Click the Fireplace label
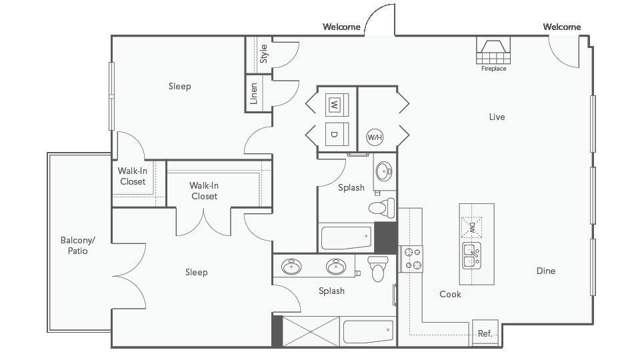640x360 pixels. point(493,69)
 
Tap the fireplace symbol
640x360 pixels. point(493,50)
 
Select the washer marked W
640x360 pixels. point(337,105)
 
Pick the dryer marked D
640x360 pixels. point(337,134)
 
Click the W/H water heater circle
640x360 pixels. point(375,137)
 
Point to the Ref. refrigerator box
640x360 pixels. point(485,333)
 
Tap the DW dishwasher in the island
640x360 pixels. point(471,227)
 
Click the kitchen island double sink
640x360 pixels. point(471,255)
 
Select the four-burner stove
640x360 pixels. point(411,259)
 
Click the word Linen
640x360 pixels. point(254,93)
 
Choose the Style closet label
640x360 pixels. point(264,53)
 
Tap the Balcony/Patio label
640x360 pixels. point(77,245)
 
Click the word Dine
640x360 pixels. point(546,271)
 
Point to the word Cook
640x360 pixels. point(450,294)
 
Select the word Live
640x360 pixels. point(497,117)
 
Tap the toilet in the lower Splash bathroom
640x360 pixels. point(378,269)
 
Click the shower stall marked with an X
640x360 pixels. point(311,331)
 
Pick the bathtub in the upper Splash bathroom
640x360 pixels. point(346,237)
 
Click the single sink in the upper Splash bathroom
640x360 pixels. point(384,171)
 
